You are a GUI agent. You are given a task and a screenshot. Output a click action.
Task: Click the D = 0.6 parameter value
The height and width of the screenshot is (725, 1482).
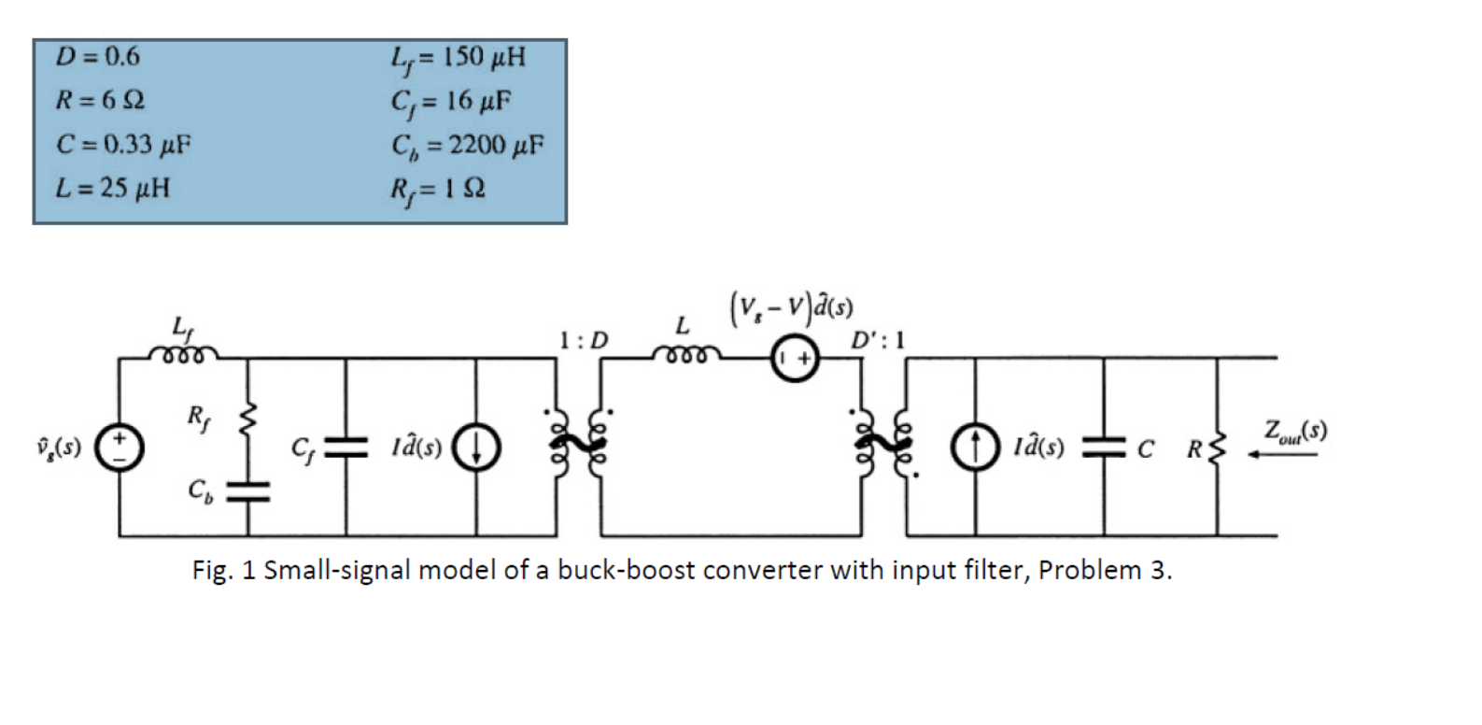[x=97, y=57]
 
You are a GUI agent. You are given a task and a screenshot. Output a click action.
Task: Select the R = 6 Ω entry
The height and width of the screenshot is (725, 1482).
[x=100, y=100]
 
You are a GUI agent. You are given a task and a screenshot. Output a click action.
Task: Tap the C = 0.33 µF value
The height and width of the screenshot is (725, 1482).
[x=123, y=144]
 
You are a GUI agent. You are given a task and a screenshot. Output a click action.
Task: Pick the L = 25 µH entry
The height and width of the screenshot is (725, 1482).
[x=112, y=188]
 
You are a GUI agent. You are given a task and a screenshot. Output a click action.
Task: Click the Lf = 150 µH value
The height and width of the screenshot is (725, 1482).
[x=458, y=58]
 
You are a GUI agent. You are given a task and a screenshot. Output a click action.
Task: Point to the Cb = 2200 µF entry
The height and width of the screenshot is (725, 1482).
[x=467, y=145]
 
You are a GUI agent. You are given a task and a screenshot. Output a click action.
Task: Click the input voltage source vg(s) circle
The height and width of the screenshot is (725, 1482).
[x=120, y=448]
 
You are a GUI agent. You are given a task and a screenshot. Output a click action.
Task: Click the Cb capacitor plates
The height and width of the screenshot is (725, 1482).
[x=247, y=490]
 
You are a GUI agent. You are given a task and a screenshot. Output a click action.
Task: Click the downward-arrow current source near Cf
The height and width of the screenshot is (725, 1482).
[x=476, y=448]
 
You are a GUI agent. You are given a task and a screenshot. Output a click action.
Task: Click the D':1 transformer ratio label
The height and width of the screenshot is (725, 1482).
[x=877, y=340]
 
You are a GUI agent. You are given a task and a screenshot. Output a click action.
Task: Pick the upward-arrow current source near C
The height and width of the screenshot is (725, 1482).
[x=975, y=448]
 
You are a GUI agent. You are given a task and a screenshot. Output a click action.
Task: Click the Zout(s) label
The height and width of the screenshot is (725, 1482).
[x=1294, y=431]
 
